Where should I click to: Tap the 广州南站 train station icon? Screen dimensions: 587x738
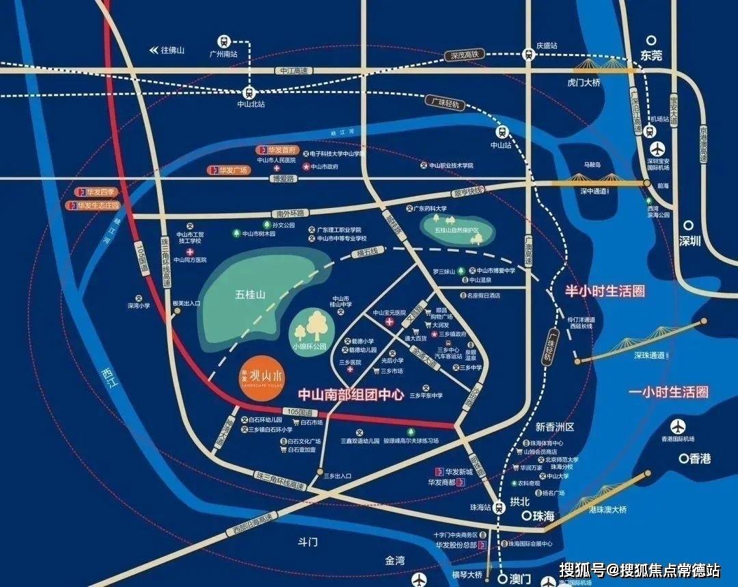(225, 40)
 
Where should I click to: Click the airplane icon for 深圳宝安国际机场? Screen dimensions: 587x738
(657, 149)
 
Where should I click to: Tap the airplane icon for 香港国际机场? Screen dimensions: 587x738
(679, 426)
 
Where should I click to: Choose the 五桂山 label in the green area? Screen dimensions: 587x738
(249, 294)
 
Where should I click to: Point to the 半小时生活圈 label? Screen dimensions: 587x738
(605, 291)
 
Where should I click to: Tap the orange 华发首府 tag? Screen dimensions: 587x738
(277, 149)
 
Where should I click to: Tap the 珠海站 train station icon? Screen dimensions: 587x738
(500, 507)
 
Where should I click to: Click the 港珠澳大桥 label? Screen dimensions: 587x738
(607, 509)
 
